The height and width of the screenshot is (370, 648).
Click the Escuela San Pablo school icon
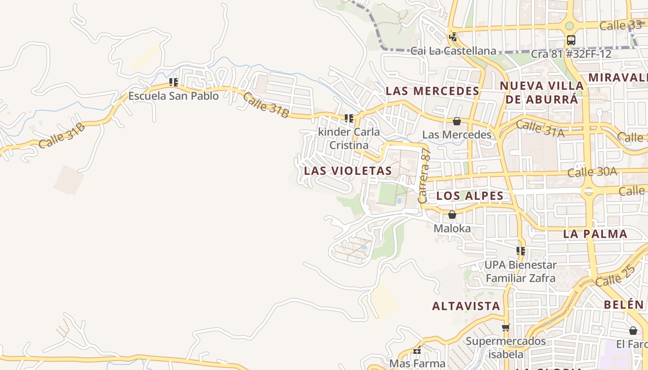point(173,82)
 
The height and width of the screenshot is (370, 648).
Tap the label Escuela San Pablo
point(173,96)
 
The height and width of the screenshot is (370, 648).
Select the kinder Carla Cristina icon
point(349,118)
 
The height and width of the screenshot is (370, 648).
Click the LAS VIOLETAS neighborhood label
point(348,171)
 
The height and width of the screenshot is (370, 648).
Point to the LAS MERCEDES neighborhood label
point(432,91)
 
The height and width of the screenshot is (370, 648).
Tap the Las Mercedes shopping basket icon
point(457,121)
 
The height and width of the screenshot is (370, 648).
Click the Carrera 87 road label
point(424,176)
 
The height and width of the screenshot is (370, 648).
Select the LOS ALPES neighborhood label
point(470,196)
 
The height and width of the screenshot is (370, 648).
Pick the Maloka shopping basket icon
point(452,215)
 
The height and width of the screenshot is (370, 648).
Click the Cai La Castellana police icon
point(453,37)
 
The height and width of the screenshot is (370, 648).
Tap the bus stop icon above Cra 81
point(571,40)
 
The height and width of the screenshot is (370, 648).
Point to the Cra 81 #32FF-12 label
point(571,54)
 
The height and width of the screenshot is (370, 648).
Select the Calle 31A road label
point(540,129)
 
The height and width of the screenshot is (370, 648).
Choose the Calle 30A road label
point(592,172)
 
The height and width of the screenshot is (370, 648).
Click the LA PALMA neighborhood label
point(595,234)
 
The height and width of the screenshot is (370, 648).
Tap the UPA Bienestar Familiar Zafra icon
point(521,251)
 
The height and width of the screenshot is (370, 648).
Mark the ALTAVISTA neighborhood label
point(466,306)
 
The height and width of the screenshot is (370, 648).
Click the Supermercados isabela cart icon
point(505,328)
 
